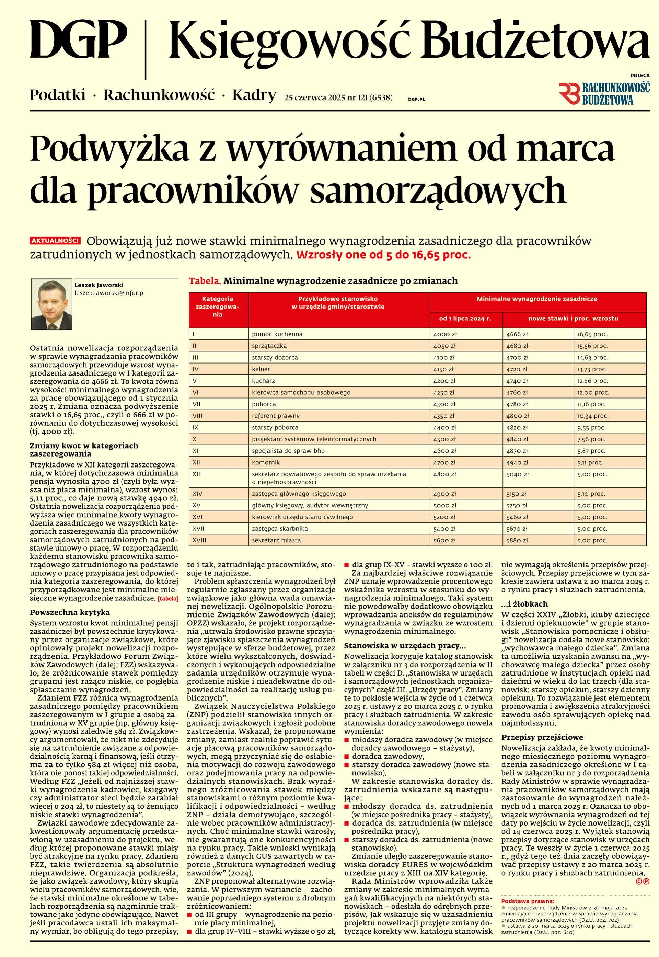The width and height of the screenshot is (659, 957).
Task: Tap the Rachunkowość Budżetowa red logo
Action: [604, 93]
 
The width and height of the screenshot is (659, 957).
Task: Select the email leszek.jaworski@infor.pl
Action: [109, 293]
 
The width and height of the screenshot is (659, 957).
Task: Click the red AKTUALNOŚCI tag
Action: [55, 241]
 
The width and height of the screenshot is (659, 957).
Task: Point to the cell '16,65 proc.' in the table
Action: [592, 334]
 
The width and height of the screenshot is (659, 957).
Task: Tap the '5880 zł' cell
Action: [517, 540]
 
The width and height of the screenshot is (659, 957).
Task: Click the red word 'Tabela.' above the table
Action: [205, 281]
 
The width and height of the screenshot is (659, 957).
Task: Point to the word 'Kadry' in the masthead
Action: [254, 95]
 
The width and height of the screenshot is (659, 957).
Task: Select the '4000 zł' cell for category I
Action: [445, 334]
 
